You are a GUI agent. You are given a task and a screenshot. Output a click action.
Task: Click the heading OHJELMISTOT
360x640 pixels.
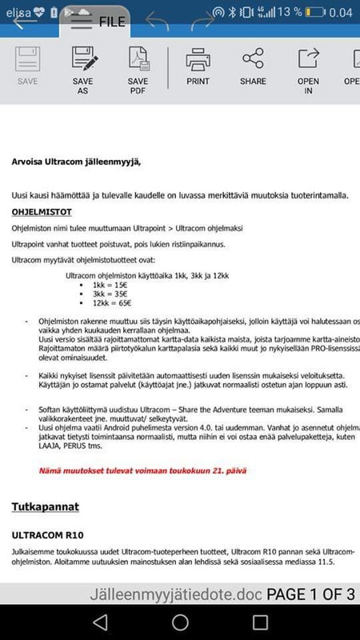click(42, 213)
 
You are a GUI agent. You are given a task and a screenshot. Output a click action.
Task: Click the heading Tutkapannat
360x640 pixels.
click(44, 507)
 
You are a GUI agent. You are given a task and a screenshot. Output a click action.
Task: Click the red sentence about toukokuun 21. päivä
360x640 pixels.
click(132, 471)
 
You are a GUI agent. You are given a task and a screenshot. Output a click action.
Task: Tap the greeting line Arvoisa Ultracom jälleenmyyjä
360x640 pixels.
click(76, 162)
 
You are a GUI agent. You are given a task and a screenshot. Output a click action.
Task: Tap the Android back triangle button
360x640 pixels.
click(100, 622)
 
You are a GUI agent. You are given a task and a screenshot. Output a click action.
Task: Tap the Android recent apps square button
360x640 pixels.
click(260, 622)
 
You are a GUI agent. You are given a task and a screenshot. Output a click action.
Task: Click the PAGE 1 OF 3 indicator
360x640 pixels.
click(310, 594)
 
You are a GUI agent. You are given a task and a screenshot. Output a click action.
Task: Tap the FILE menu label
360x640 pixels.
click(112, 22)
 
